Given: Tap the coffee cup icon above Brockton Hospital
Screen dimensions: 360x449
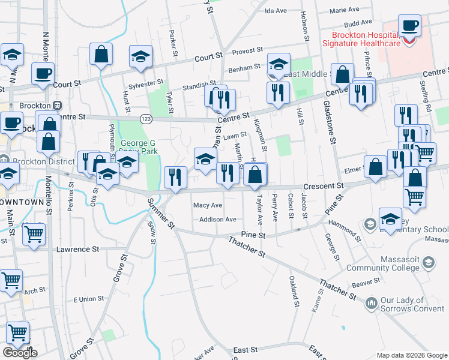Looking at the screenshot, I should click(x=409, y=26).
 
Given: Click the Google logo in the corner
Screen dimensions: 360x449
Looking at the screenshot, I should click(x=20, y=353).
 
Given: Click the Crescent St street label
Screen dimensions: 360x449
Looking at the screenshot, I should click(x=323, y=186).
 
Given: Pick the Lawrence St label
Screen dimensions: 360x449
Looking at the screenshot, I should click(x=77, y=248).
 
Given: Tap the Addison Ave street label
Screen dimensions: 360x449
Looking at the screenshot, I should click(x=218, y=220).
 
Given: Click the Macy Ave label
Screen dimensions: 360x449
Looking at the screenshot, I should click(x=208, y=205).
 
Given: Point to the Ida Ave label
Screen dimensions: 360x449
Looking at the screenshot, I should click(x=276, y=11).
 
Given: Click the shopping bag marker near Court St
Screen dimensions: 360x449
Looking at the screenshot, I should click(x=101, y=54).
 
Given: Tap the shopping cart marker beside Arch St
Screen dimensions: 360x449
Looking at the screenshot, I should click(x=11, y=280).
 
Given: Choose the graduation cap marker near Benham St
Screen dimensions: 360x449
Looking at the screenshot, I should click(x=279, y=64).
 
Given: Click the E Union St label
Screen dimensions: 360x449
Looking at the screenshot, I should click(x=88, y=299).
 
